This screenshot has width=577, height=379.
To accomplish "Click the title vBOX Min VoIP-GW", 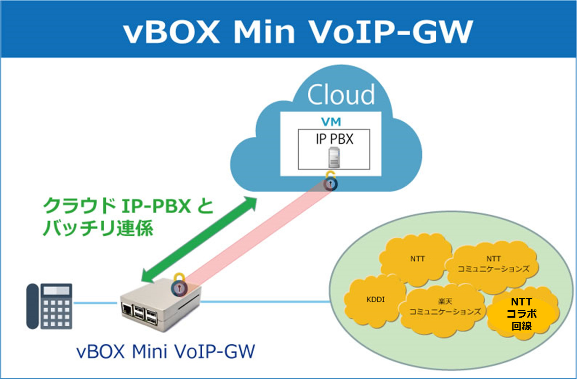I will click(298, 32).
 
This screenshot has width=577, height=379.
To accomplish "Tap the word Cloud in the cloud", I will click(341, 95).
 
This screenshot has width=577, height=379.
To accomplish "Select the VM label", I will click(331, 122).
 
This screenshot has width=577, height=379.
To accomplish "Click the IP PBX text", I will click(334, 139).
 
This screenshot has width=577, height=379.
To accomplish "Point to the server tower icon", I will click(334, 158).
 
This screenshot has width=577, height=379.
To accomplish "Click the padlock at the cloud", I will click(330, 181).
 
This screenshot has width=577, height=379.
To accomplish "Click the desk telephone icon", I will click(50, 306).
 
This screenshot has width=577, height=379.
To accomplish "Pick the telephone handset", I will click(32, 306).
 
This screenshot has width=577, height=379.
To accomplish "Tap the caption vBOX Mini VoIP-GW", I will click(166, 351).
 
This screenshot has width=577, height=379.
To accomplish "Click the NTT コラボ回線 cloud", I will click(522, 314).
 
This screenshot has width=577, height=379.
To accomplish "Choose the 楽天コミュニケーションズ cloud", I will click(444, 308).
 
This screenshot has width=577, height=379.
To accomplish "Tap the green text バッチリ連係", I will click(98, 228).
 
